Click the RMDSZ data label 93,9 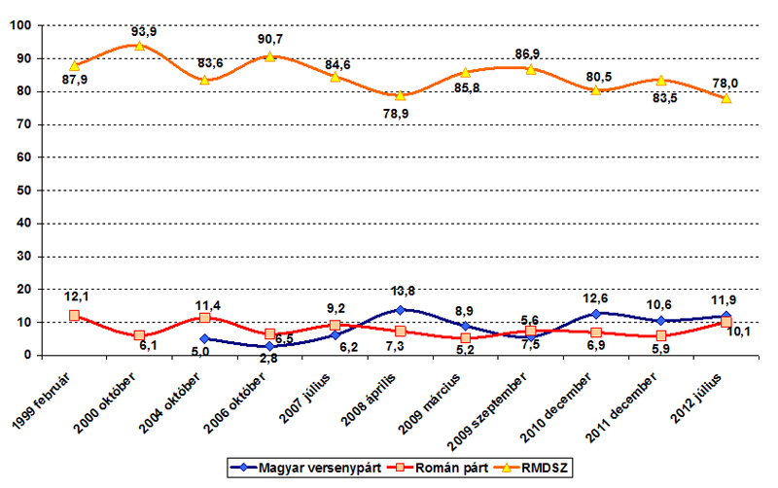pos(144,31)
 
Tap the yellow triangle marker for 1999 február pos(74,66)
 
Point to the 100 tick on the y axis pos(20,25)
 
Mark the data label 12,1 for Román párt pos(75,296)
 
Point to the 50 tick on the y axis pos(24,191)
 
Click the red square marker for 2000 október pos(139,335)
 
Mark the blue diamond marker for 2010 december pos(596,313)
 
